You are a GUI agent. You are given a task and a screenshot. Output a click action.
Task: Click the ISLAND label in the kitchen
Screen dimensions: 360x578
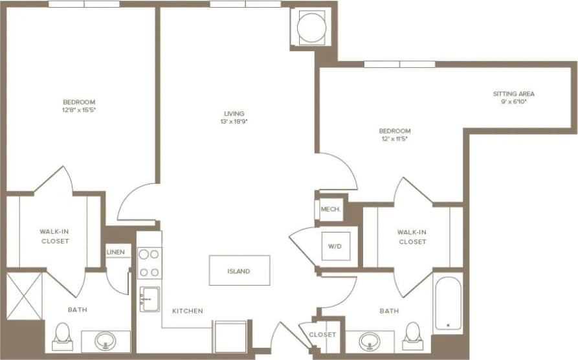pyautogui.click(x=239, y=271)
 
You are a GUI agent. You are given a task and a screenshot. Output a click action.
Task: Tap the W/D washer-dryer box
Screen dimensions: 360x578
pyautogui.click(x=336, y=246)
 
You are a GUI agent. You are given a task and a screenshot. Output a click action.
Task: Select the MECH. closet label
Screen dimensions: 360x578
pyautogui.click(x=330, y=210)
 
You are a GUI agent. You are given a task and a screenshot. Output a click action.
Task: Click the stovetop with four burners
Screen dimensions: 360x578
pyautogui.click(x=150, y=263)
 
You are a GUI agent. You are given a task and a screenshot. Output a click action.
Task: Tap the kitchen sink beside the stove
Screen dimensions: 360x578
pyautogui.click(x=150, y=299)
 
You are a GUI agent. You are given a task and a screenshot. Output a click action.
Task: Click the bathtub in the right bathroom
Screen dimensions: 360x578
pyautogui.click(x=448, y=304)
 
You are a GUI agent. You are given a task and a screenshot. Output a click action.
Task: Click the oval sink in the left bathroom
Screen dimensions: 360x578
pyautogui.click(x=105, y=341)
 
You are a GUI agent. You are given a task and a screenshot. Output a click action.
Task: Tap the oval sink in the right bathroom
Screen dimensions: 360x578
pyautogui.click(x=370, y=341)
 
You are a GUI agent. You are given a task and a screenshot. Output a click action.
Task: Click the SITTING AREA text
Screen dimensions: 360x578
pyautogui.click(x=513, y=94)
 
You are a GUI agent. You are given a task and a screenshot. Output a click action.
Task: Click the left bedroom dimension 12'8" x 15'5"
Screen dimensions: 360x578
pyautogui.click(x=79, y=110)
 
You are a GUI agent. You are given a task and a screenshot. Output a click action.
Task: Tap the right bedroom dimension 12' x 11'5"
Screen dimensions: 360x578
pyautogui.click(x=395, y=138)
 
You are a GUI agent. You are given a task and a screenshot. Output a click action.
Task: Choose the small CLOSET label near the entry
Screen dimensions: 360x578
pyautogui.click(x=322, y=335)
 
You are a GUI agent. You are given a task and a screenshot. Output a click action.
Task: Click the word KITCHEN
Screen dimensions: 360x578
pyautogui.click(x=187, y=311)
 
